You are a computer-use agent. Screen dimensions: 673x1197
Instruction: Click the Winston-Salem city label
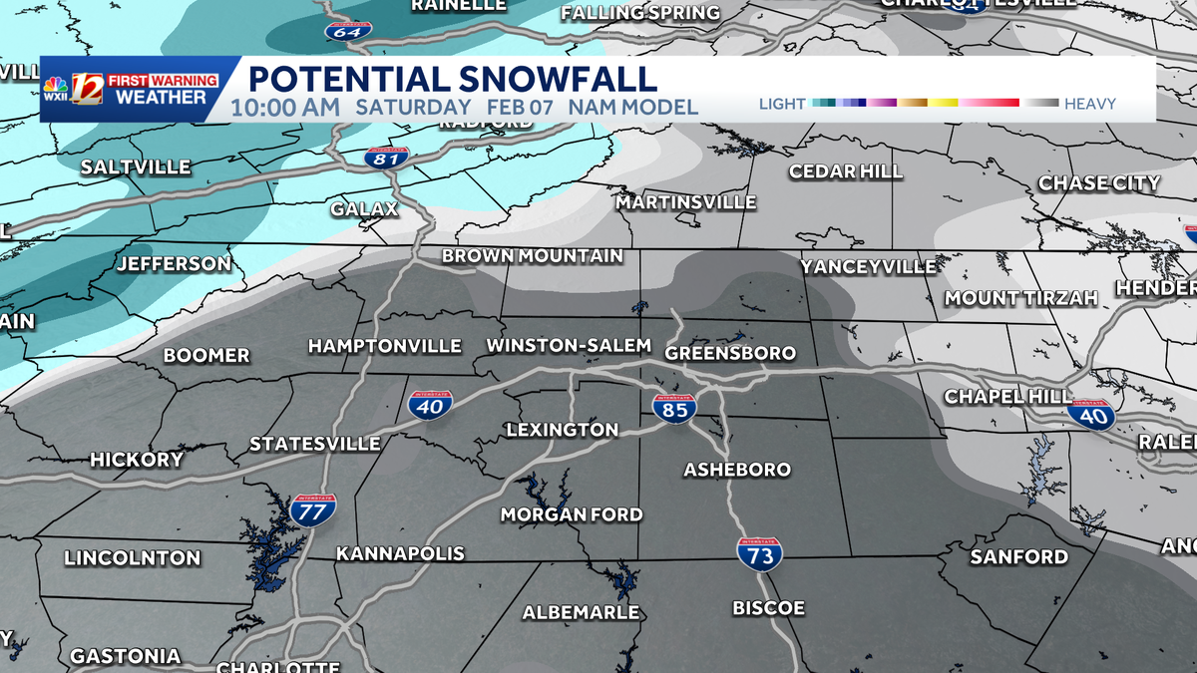coord(569,346)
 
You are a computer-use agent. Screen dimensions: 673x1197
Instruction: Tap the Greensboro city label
coord(730,353)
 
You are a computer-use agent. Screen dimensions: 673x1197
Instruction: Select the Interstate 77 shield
coord(312,510)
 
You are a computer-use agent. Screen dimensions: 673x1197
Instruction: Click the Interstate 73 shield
coord(760,554)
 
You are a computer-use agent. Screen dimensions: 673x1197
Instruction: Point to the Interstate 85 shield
coord(675,408)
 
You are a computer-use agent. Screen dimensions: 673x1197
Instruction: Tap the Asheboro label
coord(737,470)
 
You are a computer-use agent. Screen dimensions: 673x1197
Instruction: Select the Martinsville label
coord(686,202)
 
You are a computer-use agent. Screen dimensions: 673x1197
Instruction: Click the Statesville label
coord(315,444)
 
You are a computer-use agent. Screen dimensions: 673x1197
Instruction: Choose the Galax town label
coord(365,209)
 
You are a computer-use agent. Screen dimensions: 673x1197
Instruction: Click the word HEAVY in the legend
coord(1090,104)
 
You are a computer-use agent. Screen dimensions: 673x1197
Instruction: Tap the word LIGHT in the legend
coord(783,104)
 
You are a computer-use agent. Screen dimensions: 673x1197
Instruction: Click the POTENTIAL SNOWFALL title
coord(452,79)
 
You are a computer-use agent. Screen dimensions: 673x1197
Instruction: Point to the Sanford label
coord(1019,556)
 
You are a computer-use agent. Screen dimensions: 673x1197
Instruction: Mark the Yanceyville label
coord(869,266)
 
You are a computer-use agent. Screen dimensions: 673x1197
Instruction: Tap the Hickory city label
coord(137,460)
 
